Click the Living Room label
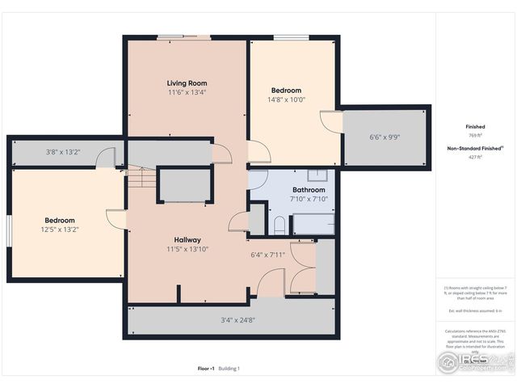187,83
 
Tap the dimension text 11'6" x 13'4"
187,93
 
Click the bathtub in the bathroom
312,224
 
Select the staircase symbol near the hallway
141,177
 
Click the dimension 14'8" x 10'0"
286,100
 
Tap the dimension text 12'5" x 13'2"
60,230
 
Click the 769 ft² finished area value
475,137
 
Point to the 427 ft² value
475,158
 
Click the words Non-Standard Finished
474,149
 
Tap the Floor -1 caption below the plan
206,369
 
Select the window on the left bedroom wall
10,229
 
